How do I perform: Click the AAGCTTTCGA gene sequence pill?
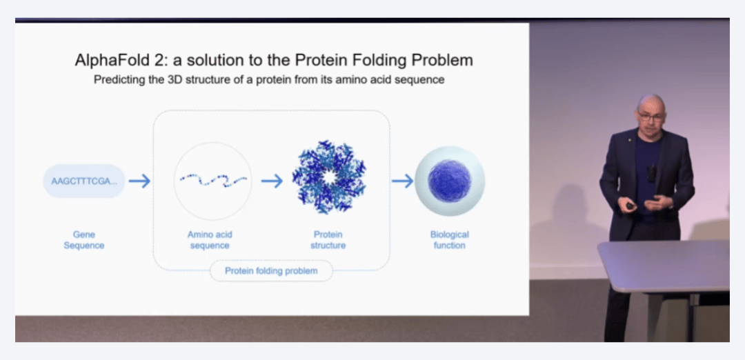click(x=84, y=181)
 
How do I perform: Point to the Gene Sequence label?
click(x=84, y=240)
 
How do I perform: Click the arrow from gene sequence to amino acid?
click(x=139, y=181)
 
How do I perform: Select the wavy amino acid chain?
click(x=213, y=180)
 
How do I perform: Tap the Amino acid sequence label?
click(x=210, y=240)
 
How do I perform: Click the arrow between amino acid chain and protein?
click(x=272, y=181)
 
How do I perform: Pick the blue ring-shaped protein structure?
click(x=329, y=177)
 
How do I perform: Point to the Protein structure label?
click(x=328, y=240)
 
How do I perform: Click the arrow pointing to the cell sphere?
click(x=402, y=181)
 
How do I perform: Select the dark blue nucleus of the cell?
click(x=449, y=181)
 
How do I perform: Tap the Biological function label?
click(x=450, y=240)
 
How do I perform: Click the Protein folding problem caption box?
click(x=271, y=271)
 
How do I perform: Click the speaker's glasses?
click(x=650, y=115)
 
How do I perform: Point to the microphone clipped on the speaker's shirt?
click(x=651, y=173)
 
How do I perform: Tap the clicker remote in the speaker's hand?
click(x=630, y=206)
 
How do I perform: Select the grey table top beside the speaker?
click(x=665, y=265)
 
